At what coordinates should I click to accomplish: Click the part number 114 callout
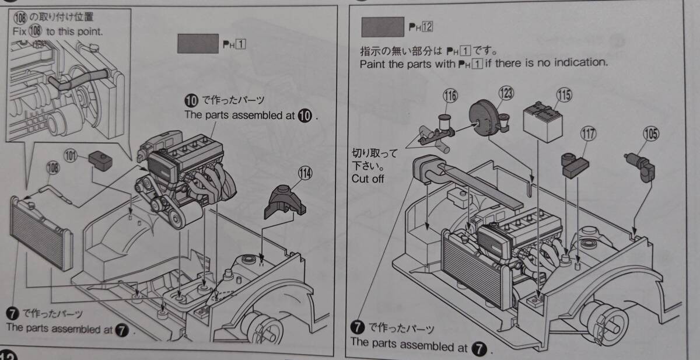[x=305, y=173]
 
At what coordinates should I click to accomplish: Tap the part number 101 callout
[x=71, y=156]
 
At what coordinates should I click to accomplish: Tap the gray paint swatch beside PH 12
[x=383, y=27]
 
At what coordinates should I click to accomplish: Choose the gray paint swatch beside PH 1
[x=197, y=44]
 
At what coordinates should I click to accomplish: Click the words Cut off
[x=367, y=179]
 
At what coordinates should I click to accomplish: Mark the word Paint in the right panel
[x=373, y=62]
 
